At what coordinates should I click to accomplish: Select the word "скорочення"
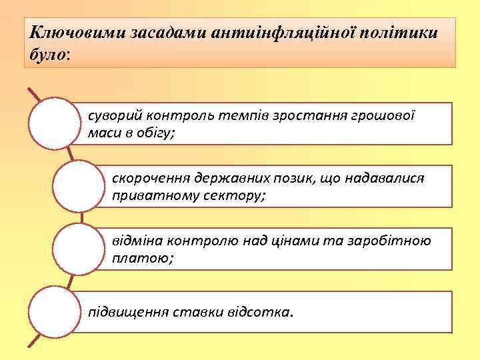click(x=150, y=179)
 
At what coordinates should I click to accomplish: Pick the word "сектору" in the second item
click(x=233, y=197)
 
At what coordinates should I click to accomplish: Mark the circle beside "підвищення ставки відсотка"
click(x=55, y=311)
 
